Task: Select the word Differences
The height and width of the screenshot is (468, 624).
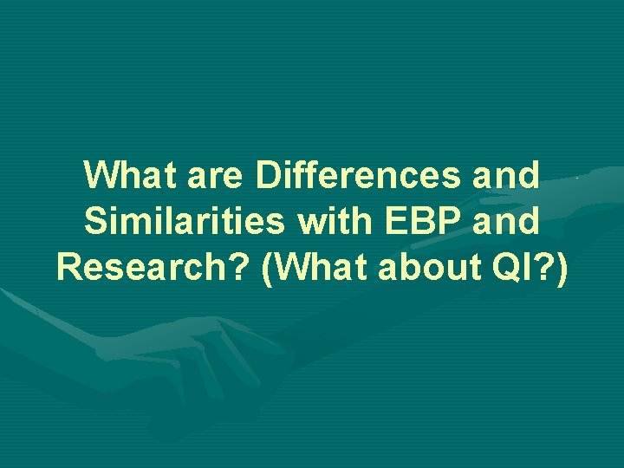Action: point(358,175)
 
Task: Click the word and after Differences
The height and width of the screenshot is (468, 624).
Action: point(505,175)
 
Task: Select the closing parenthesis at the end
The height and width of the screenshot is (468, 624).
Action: point(562,270)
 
